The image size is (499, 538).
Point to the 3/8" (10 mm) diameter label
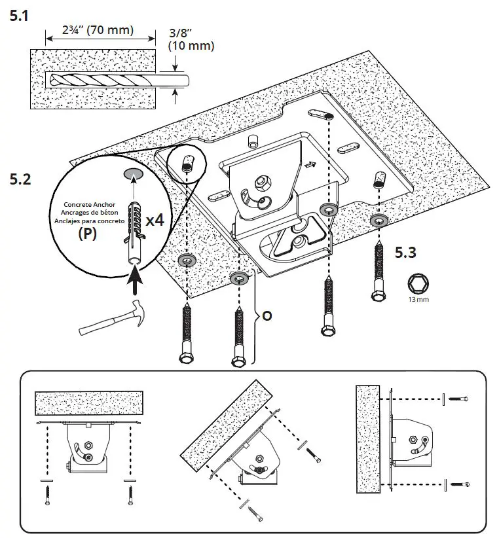(x=191, y=41)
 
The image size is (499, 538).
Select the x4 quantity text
(x=155, y=219)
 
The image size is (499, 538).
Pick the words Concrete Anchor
(x=90, y=204)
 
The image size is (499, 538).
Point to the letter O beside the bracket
(x=267, y=315)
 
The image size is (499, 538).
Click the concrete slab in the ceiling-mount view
(x=88, y=406)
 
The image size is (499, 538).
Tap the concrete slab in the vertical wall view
(x=367, y=440)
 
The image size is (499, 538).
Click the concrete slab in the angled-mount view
(x=223, y=423)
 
